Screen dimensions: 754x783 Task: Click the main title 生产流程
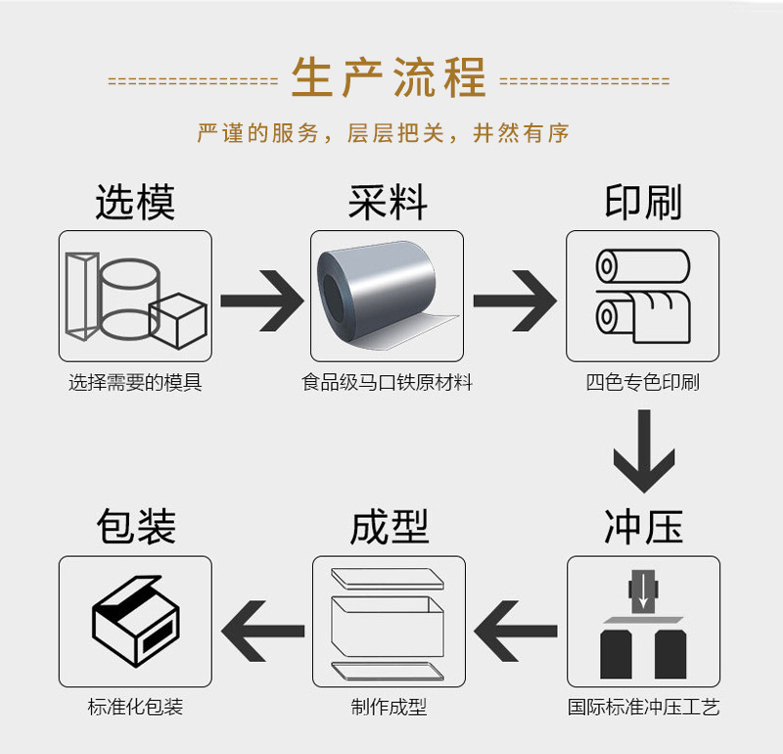pyautogui.click(x=389, y=79)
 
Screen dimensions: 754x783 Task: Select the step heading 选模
pyautogui.click(x=135, y=203)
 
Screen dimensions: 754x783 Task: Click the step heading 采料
pyautogui.click(x=388, y=203)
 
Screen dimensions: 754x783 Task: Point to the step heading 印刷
pyautogui.click(x=642, y=203)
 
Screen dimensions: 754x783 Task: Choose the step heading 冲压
pyautogui.click(x=642, y=528)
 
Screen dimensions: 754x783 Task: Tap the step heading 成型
pyautogui.click(x=389, y=528)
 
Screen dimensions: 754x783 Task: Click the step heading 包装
pyautogui.click(x=135, y=528)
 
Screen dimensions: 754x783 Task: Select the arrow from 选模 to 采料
pyautogui.click(x=261, y=299)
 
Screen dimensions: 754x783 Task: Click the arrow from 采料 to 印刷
pyautogui.click(x=515, y=299)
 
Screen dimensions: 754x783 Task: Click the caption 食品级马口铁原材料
pyautogui.click(x=388, y=383)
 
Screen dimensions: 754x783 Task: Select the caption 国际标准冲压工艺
pyautogui.click(x=643, y=707)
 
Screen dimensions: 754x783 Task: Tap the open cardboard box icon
pyautogui.click(x=135, y=621)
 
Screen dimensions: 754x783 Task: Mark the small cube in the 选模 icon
pyautogui.click(x=178, y=320)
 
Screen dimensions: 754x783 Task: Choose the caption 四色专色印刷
pyautogui.click(x=642, y=383)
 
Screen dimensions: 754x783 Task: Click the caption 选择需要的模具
pyautogui.click(x=135, y=383)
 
